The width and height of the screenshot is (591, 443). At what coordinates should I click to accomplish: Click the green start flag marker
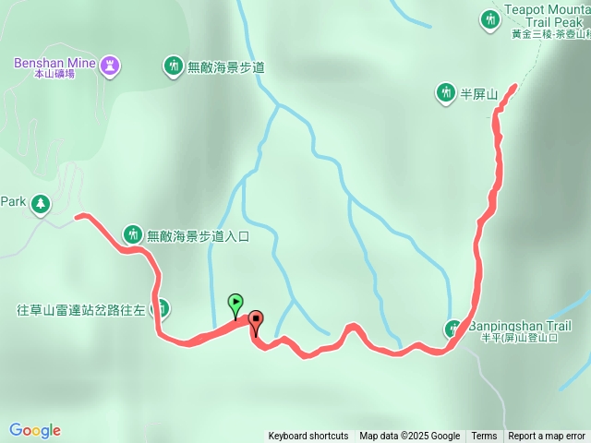[x=235, y=303]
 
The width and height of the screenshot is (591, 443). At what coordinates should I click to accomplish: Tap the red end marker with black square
[x=255, y=321]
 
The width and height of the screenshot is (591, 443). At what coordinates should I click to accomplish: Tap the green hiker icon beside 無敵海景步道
[x=173, y=66]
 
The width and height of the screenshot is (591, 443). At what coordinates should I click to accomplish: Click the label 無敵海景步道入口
[x=199, y=235]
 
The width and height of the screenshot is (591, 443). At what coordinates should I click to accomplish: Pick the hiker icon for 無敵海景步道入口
[x=133, y=234]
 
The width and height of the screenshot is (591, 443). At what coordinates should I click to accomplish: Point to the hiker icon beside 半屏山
[x=445, y=92]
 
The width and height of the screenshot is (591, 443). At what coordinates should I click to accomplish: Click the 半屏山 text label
[x=479, y=94]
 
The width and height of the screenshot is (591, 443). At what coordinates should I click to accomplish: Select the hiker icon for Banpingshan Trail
[x=453, y=329]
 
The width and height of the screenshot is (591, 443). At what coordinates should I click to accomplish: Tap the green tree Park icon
[x=41, y=203]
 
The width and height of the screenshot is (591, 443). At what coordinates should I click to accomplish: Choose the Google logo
[x=35, y=430]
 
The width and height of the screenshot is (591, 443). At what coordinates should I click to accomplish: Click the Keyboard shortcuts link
[x=308, y=437]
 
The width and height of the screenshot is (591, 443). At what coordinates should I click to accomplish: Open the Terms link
[x=484, y=437]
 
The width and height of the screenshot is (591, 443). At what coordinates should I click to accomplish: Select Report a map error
[x=547, y=437]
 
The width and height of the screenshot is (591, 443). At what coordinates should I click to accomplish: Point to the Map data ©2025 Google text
[x=409, y=437]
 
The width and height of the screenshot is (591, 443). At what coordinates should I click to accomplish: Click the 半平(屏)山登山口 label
[x=519, y=338]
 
